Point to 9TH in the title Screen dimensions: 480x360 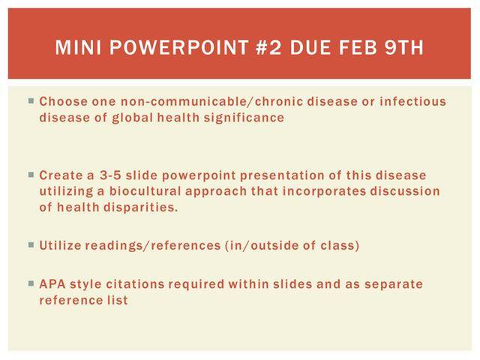[404, 47]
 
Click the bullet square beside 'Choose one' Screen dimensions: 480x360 [31, 100]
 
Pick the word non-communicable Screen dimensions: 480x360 [184, 102]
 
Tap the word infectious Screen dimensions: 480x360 [413, 102]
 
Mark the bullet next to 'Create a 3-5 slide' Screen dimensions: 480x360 [31, 175]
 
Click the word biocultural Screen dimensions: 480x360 [145, 191]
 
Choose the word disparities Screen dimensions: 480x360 [140, 208]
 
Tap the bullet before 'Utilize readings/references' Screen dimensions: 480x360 [31, 244]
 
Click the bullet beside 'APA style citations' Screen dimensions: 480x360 [31, 283]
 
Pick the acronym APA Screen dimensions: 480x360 [52, 284]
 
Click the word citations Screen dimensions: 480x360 [135, 284]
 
